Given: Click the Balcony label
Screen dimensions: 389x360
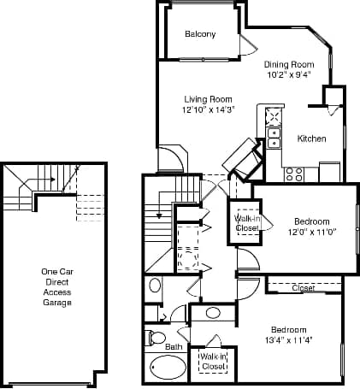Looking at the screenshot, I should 200,34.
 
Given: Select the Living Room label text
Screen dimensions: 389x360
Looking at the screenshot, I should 209,99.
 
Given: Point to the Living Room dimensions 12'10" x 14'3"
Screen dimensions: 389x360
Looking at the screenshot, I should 209,109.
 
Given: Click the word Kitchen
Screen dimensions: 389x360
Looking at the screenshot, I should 311,139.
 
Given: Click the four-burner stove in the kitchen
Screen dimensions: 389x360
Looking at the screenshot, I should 294,174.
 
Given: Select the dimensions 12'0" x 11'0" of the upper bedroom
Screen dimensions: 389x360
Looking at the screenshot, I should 306,232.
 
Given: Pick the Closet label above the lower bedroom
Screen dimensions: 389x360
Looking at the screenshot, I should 304,288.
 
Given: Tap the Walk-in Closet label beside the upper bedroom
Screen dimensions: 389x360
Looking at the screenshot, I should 248,223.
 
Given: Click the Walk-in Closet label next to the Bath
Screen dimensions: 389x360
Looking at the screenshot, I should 213,361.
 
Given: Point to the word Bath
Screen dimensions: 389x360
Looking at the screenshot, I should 174,347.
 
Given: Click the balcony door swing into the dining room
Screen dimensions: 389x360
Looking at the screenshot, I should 246,44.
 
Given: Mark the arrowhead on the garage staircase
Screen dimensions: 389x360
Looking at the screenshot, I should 53,180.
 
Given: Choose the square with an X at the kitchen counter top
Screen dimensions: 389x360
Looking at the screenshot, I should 274,117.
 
